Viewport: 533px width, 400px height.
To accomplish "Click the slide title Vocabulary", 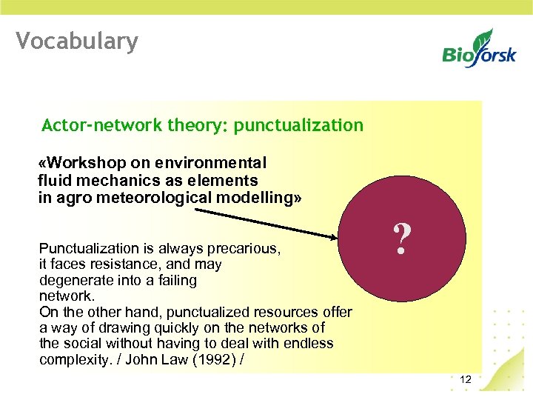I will click(77, 41).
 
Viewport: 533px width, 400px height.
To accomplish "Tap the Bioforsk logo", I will click(479, 48).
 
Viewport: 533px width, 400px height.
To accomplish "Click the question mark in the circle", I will click(402, 240).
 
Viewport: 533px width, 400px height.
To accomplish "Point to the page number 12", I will click(466, 380).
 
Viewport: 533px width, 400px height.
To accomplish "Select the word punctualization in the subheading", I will click(298, 125).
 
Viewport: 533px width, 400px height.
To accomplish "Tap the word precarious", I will click(245, 248).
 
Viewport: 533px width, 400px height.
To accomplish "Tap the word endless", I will click(306, 344).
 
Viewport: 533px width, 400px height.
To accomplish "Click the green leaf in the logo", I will click(484, 36).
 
